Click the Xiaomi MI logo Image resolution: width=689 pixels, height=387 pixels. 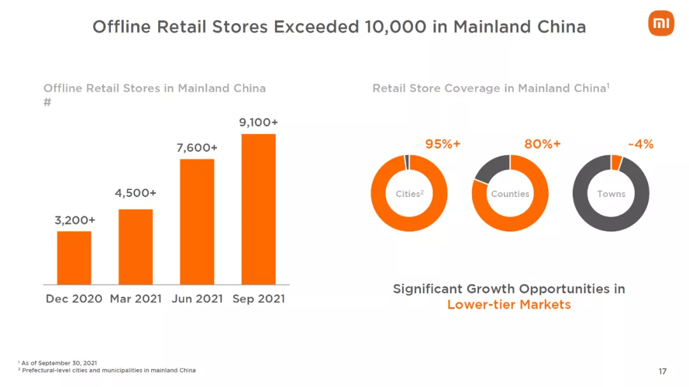coord(661,24)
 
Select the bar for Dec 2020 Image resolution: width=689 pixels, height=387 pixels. coord(74,258)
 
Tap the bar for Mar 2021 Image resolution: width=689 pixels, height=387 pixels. coord(135,247)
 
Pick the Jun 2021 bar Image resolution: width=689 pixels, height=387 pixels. coord(197,221)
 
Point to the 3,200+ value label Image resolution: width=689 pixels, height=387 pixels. coord(75,220)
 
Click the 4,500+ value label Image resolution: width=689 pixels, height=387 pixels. coord(136,193)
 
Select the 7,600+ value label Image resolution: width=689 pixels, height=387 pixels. coord(197,148)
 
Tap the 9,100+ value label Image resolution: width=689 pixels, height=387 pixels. coord(258,122)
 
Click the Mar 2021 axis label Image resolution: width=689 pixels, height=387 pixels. coord(136,298)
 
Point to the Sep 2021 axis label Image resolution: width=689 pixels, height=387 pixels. coord(258,298)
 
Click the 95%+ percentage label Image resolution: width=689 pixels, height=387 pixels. coord(443,144)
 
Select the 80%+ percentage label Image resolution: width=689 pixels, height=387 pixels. coord(542,144)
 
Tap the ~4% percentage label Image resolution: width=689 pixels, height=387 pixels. coord(641,144)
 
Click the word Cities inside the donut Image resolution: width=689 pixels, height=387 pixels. coord(408,194)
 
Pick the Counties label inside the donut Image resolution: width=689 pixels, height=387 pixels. coord(510,194)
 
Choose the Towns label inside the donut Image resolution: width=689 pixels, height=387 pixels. coord(611,194)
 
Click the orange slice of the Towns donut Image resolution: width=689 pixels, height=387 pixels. coord(616,163)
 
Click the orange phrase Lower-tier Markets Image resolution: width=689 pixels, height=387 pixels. coord(508,304)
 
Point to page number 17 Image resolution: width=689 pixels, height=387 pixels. coord(662,371)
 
